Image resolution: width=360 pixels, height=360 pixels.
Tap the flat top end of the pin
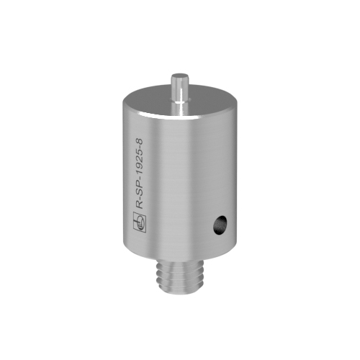179,76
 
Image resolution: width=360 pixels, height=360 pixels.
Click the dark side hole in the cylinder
220,225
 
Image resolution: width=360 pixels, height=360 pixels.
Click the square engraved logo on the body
140,222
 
